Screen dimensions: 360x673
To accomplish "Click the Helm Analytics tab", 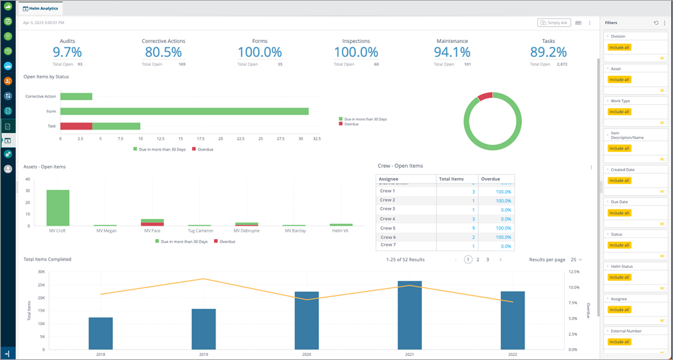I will click(x=41, y=9).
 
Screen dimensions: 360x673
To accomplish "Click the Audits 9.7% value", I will click(x=67, y=52).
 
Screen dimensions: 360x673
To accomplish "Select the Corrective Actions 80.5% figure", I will click(x=163, y=52).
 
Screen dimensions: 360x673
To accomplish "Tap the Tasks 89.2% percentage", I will click(x=548, y=52).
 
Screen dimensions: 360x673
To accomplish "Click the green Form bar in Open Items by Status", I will click(x=184, y=111).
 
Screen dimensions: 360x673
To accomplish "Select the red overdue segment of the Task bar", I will click(x=76, y=126).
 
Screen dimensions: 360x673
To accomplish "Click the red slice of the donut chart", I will click(x=485, y=97).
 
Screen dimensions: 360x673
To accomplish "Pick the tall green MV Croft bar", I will click(x=58, y=208).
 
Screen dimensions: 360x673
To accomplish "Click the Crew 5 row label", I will click(x=388, y=228).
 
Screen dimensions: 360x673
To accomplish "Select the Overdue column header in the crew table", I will click(x=490, y=179).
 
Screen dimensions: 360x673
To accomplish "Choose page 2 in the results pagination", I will click(x=478, y=259).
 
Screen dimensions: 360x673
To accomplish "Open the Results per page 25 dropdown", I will click(x=575, y=259).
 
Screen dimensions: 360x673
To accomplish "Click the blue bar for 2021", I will click(x=410, y=314).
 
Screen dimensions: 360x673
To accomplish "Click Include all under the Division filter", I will click(x=619, y=48).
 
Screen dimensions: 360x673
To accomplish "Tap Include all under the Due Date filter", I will click(x=619, y=213).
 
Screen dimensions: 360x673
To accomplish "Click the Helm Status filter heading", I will click(x=621, y=267).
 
